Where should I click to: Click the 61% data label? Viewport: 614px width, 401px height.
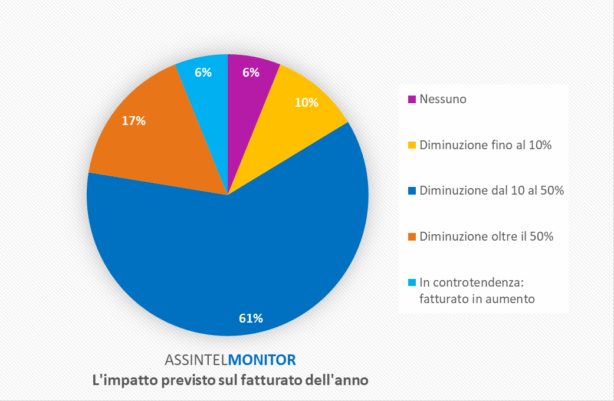point(251,318)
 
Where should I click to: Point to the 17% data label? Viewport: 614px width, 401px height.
point(134,121)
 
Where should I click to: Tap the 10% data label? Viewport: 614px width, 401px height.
point(306,102)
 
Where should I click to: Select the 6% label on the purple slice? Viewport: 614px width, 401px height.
point(251,73)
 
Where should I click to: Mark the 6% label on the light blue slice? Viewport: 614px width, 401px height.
point(203,73)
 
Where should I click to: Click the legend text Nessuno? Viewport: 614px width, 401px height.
point(442,99)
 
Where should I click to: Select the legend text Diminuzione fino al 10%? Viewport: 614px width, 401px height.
point(485,145)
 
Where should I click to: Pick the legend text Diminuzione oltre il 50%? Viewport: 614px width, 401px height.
point(486,237)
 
